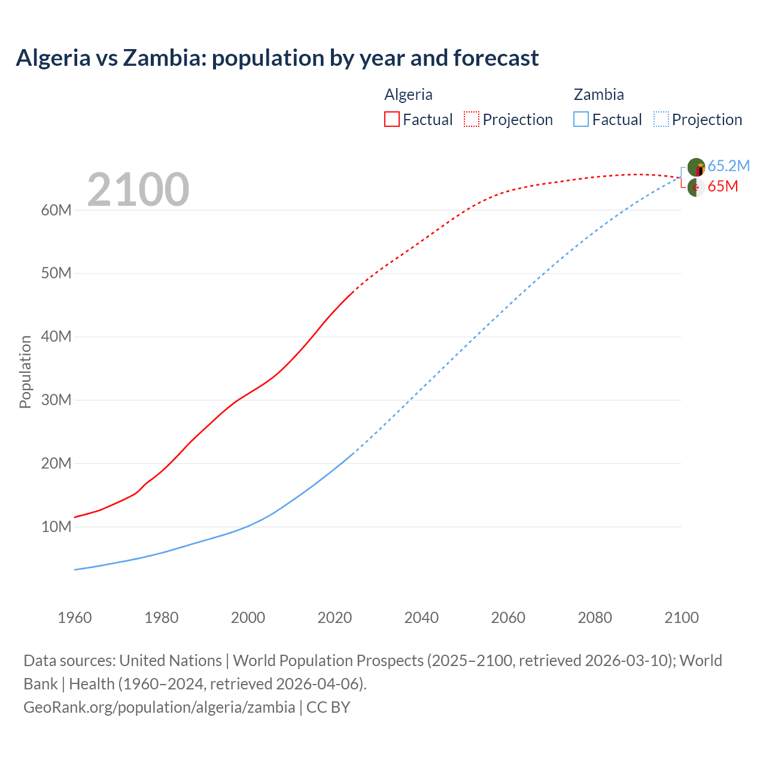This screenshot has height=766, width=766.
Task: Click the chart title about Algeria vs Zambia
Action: [x=277, y=58]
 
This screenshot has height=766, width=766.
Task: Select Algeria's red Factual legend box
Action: [x=391, y=119]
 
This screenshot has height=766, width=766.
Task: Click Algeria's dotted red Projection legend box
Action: [x=472, y=119]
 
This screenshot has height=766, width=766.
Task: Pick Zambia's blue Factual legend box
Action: [x=581, y=119]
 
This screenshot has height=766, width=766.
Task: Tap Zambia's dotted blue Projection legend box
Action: [x=661, y=119]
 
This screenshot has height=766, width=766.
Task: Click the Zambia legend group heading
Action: [x=598, y=95]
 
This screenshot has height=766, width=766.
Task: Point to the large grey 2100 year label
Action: [x=138, y=190]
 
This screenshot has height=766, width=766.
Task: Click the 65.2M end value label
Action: [x=728, y=166]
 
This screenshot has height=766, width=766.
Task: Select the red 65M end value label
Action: [x=722, y=186]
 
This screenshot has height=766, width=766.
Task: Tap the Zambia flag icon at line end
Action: [x=696, y=167]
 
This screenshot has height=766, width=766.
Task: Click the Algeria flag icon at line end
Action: [x=695, y=187]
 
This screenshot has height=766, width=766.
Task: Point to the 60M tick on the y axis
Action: [x=56, y=210]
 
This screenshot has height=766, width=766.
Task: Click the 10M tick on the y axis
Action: [x=56, y=527]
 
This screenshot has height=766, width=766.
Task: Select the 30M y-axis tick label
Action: [x=56, y=400]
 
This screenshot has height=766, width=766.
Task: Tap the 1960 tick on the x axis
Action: [x=75, y=618]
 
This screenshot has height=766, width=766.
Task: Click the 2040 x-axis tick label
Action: [x=421, y=618]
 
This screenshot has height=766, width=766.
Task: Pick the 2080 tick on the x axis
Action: [x=595, y=618]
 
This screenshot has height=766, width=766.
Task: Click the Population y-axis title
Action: [x=25, y=372]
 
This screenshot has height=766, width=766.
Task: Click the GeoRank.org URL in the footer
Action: [x=159, y=707]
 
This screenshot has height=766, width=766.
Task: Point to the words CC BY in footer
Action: [x=328, y=707]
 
